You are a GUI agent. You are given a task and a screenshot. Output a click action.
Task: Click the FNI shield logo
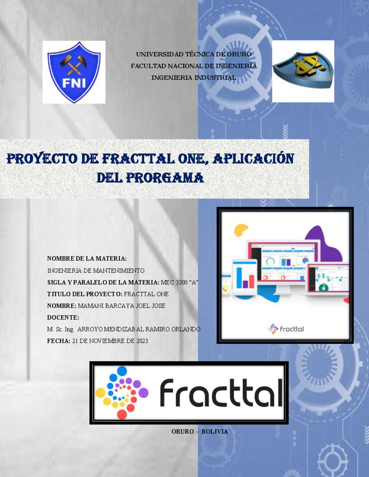(74, 72)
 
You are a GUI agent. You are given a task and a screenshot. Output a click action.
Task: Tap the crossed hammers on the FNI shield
(73, 64)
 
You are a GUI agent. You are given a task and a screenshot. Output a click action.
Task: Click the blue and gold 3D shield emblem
(303, 70)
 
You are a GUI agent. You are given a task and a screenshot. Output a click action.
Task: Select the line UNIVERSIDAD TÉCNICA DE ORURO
(194, 54)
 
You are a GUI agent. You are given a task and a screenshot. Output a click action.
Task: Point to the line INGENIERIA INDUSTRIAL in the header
(194, 78)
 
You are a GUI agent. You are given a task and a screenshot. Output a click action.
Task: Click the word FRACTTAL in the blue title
(138, 159)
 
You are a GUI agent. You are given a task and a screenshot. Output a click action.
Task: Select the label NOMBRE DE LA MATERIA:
(87, 259)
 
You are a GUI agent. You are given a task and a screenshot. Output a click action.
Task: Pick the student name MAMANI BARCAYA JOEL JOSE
(121, 306)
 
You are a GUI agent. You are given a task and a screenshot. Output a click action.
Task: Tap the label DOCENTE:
(63, 318)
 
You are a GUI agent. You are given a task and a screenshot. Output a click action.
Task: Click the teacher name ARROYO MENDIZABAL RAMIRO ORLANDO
(139, 329)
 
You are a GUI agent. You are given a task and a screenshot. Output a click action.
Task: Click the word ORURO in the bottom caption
(183, 432)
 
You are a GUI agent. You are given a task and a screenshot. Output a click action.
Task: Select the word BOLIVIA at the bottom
(215, 432)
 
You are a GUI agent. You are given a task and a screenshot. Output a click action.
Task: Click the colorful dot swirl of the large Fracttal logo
(122, 392)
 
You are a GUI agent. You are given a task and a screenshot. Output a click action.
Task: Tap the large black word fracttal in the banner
(221, 393)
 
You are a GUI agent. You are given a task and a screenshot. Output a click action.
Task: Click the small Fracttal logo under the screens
(286, 329)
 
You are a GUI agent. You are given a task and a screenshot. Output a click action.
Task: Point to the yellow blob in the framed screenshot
(240, 230)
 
